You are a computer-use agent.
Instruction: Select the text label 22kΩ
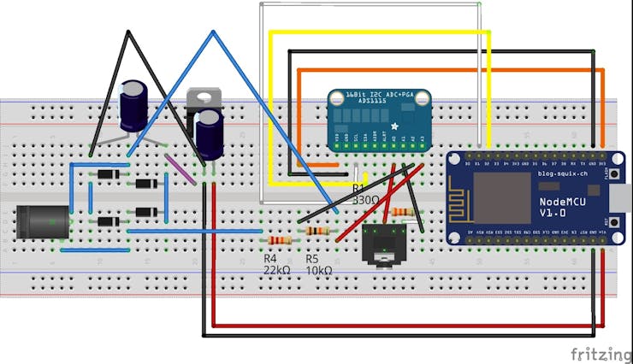coord(276,269)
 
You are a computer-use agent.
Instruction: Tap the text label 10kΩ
coord(318,269)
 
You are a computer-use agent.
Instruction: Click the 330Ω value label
coord(365,199)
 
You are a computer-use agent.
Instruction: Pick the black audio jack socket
coord(383,244)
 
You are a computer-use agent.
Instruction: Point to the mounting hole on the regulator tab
coord(202,95)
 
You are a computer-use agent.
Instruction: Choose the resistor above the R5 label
coord(317,232)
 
